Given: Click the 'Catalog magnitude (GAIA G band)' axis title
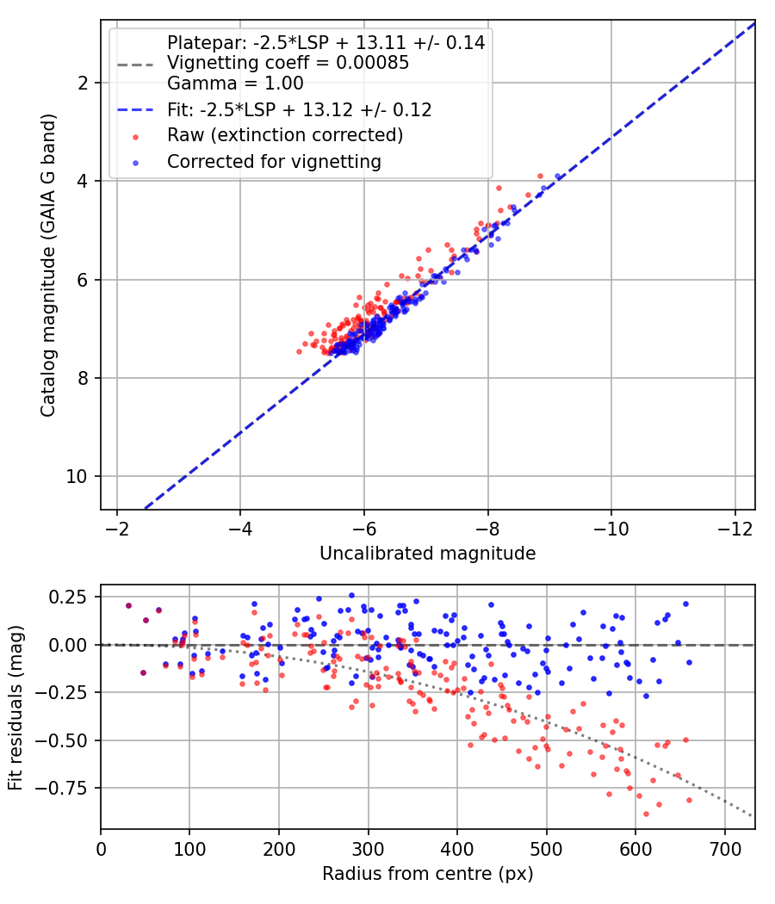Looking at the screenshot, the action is pos(48,265).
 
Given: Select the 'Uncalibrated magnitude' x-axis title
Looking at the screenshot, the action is pos(427,554).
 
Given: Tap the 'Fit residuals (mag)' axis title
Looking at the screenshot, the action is pos(15,708).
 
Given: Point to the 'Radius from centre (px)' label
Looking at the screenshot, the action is pos(427,874).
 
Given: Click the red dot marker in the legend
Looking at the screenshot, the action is pos(135,137).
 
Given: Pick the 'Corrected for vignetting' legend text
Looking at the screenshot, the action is pos(274,162).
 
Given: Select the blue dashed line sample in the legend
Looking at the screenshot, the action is pos(135,109).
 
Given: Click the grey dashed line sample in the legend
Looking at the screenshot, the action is pos(135,65).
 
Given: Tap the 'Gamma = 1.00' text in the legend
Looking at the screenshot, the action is pos(235,84).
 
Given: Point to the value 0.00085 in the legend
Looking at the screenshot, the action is pos(373,62).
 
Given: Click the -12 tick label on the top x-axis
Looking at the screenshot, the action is pos(735,528).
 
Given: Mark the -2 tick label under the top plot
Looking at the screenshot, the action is pos(117,528).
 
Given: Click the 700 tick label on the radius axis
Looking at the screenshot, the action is pos(724,849).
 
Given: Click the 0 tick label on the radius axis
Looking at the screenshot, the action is pos(101,849).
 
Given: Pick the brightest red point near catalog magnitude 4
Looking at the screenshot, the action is pos(540,176).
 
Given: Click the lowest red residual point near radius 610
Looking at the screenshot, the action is pos(647,814).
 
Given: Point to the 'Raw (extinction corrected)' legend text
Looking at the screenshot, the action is pos(285,135).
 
